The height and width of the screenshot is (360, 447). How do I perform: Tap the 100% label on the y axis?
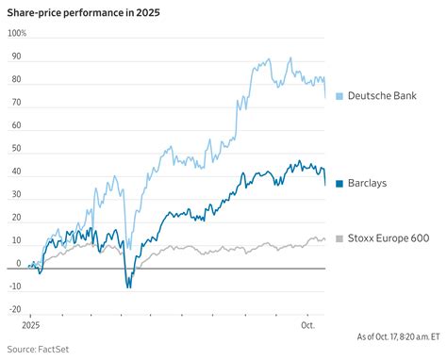pos(17,33)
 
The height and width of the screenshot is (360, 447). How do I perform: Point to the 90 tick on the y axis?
pos(14,56)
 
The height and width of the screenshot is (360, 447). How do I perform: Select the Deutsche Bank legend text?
pos(382,96)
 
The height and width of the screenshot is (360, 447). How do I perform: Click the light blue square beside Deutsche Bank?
pos(339,96)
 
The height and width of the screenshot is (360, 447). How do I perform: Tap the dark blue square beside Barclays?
pos(339,183)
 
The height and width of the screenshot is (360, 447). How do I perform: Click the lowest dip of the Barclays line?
pos(128,286)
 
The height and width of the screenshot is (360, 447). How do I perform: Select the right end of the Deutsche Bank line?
pos(325,97)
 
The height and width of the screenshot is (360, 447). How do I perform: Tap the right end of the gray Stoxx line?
pos(325,238)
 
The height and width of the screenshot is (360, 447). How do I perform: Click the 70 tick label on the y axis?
pos(14,102)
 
